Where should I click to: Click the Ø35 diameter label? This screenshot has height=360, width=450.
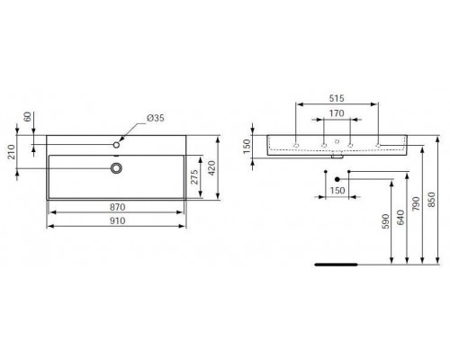point(155,119)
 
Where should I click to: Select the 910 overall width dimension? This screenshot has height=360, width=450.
point(116,220)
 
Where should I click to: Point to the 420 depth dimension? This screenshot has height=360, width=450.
point(213,167)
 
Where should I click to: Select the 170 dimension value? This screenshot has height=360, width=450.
point(337,114)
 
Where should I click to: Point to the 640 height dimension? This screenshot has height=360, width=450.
point(401,221)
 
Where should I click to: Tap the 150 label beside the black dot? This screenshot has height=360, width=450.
point(339,192)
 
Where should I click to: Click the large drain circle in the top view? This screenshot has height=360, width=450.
point(116,167)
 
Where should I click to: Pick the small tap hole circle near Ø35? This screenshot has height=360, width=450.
point(117,144)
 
